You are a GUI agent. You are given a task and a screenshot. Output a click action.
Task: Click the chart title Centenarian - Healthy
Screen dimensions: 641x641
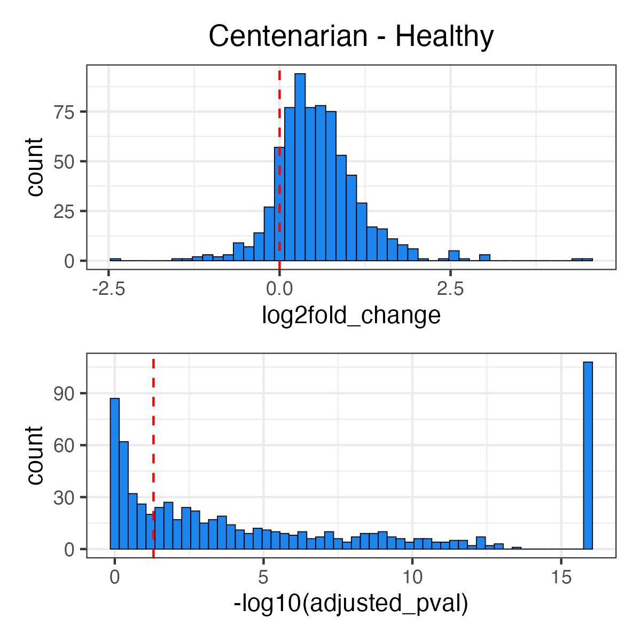click(351, 36)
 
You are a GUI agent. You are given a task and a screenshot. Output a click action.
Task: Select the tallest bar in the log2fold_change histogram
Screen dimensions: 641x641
click(300, 167)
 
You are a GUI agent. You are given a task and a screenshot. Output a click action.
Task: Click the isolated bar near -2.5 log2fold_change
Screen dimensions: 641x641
click(115, 260)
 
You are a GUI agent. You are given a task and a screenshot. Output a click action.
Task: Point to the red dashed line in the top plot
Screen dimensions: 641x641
click(279, 134)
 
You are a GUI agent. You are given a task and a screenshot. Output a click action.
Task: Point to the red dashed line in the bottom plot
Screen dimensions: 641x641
click(153, 427)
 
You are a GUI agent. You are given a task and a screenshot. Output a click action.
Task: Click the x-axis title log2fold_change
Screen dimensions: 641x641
click(351, 315)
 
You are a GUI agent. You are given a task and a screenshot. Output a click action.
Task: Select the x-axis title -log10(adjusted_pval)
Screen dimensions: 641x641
click(351, 604)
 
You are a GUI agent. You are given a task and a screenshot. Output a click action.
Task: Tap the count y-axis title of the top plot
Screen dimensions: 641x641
click(35, 167)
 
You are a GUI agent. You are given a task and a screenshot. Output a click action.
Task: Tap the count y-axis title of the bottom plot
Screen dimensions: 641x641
click(35, 455)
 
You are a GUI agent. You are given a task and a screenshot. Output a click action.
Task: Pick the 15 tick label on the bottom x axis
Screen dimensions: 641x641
click(561, 577)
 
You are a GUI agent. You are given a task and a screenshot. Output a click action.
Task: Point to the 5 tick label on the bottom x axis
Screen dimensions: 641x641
click(263, 577)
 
